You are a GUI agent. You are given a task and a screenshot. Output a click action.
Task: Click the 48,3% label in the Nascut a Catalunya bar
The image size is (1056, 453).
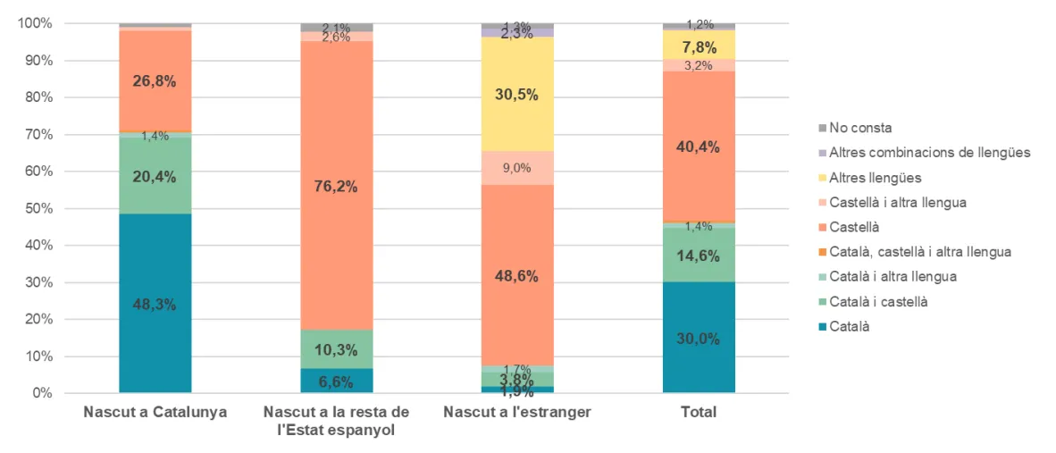(x=155, y=304)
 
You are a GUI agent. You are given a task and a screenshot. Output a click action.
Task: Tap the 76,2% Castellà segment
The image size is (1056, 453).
(x=337, y=186)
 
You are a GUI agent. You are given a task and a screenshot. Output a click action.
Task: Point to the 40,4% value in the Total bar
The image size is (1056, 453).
(x=699, y=147)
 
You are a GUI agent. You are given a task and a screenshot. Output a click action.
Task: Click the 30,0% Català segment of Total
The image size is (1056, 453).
(x=699, y=339)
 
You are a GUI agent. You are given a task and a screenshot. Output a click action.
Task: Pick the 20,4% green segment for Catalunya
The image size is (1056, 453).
(x=155, y=177)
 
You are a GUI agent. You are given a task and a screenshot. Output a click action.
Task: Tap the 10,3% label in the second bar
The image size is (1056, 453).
(x=337, y=349)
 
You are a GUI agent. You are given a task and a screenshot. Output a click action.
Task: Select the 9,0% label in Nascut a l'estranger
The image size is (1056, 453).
(x=517, y=167)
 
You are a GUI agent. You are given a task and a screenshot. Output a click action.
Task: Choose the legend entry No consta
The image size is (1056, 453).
(x=860, y=128)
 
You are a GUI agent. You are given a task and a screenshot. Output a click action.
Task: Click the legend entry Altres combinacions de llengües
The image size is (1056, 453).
(x=929, y=153)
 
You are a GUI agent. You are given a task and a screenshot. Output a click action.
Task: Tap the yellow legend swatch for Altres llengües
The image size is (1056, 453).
(x=822, y=178)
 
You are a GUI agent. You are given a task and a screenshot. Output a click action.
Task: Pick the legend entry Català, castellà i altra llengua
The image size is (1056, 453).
(x=920, y=252)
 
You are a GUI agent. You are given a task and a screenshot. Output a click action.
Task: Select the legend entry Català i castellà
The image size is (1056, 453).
(x=878, y=302)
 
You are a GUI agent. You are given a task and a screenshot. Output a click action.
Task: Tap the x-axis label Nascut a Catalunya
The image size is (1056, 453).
(x=155, y=413)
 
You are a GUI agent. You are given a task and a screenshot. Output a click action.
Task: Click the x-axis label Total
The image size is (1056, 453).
(x=699, y=413)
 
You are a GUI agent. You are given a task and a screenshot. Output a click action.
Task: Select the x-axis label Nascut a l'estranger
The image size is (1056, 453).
(x=517, y=413)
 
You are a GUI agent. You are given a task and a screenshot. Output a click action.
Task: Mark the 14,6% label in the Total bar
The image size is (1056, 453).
(x=699, y=255)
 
